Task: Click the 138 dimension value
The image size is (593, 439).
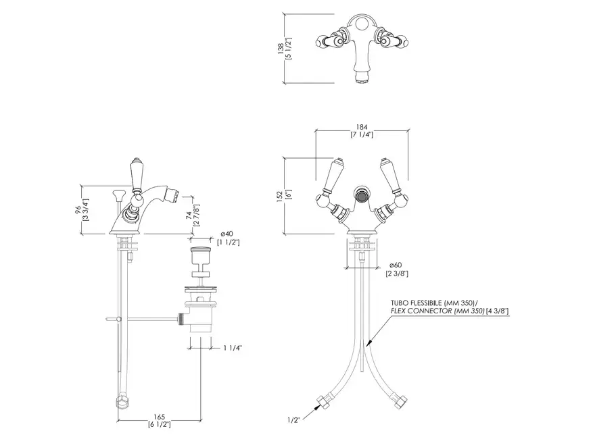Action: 281,49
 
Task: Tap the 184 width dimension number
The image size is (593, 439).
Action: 362,128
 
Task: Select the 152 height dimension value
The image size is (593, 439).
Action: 280,196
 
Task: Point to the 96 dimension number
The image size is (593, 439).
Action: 78,210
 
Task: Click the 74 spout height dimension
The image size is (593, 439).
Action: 189,215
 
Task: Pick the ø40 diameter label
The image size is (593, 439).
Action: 227,234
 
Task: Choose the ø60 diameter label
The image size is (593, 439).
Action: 395,265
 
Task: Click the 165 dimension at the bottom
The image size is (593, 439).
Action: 159,417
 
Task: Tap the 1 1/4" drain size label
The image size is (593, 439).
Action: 231,348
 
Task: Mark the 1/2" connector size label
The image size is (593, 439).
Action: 293,419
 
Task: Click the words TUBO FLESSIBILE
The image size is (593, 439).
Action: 416,303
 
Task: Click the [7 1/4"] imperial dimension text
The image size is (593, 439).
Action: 362,134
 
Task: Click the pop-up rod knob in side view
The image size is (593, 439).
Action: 117,195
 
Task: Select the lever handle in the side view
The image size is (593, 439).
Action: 136,174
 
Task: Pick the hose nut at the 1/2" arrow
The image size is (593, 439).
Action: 325,402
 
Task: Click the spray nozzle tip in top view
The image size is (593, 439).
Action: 362,78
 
